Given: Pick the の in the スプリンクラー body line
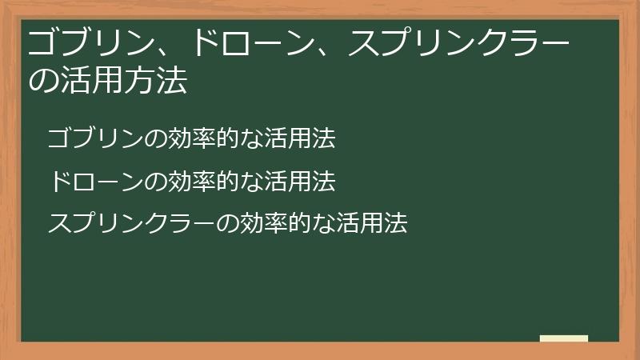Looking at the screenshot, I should pos(227,223).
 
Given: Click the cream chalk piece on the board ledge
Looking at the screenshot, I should pos(564,338).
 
